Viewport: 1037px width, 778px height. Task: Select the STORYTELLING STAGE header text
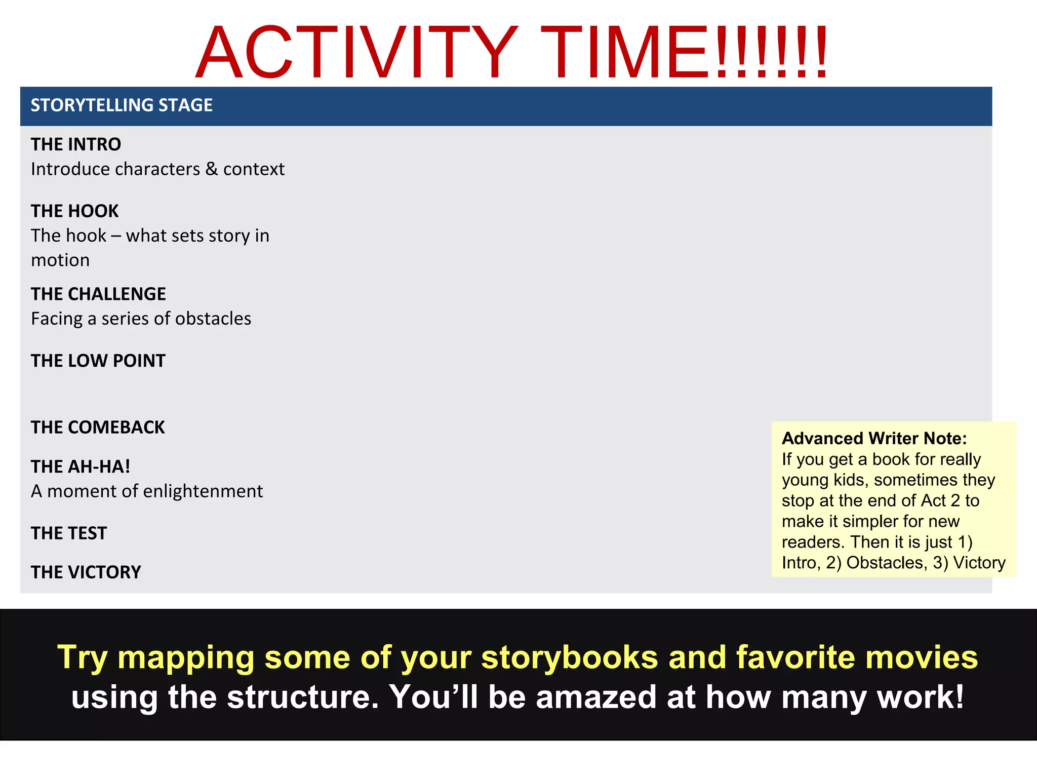click(x=122, y=105)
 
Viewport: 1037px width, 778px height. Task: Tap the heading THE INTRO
click(x=76, y=144)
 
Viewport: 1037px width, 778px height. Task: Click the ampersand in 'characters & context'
click(x=212, y=169)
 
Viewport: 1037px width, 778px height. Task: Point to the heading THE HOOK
click(x=74, y=211)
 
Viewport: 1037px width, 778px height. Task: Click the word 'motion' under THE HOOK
click(x=60, y=260)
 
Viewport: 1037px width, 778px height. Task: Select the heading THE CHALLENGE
click(x=98, y=294)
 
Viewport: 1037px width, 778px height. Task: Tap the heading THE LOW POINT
click(x=98, y=361)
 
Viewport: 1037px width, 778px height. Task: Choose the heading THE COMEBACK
click(x=98, y=427)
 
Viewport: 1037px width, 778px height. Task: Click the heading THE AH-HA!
click(x=81, y=466)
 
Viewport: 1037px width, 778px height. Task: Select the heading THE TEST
click(x=69, y=533)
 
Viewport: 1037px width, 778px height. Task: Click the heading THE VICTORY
click(x=86, y=572)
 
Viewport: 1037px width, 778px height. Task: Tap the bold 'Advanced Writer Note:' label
click(x=874, y=438)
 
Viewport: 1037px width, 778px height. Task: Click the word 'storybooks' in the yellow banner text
click(x=570, y=657)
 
